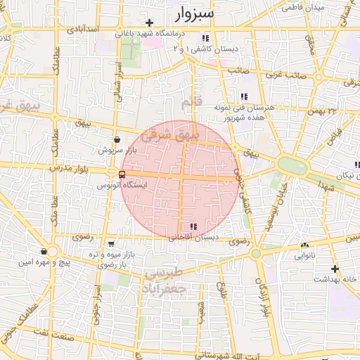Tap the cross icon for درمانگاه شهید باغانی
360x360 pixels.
click(150, 23)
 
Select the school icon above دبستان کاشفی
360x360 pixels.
click(205, 38)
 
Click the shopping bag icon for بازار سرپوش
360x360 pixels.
click(116, 139)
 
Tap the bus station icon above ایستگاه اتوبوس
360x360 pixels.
click(122, 174)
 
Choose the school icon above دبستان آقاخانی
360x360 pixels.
click(193, 226)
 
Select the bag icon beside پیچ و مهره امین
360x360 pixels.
click(44, 251)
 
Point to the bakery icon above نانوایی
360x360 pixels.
click(304, 245)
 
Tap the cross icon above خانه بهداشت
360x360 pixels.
click(335, 269)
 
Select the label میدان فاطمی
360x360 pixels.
click(302, 8)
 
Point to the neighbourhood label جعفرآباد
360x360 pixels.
click(168, 288)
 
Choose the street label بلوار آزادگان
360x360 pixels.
click(266, 295)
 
